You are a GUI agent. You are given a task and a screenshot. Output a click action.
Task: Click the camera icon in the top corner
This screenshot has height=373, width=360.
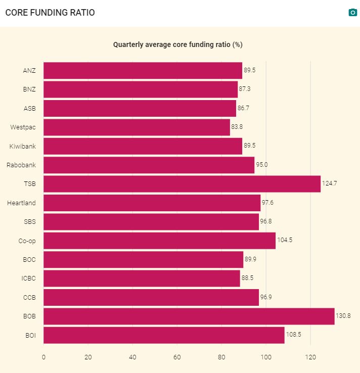pyautogui.click(x=353, y=13)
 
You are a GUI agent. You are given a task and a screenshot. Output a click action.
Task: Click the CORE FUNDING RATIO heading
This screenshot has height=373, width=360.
pyautogui.click(x=50, y=13)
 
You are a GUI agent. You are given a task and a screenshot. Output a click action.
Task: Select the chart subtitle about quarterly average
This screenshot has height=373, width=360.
pyautogui.click(x=177, y=44)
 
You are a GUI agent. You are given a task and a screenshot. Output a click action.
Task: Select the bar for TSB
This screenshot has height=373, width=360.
pyautogui.click(x=182, y=184)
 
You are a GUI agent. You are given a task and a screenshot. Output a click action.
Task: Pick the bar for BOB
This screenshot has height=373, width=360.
pyautogui.click(x=189, y=316)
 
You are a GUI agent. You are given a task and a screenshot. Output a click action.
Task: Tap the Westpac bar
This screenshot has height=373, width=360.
pyautogui.click(x=137, y=127)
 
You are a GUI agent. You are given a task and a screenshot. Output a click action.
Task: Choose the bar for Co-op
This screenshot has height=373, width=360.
pyautogui.click(x=159, y=241)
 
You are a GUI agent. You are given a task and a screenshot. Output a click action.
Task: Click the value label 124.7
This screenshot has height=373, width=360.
pyautogui.click(x=329, y=183)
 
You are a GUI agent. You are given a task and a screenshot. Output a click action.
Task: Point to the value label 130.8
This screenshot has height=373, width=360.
pyautogui.click(x=343, y=316)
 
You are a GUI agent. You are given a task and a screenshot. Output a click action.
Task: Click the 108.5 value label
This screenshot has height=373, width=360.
pyautogui.click(x=293, y=335)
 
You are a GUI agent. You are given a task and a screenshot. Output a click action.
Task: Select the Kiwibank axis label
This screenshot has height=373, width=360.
pyautogui.click(x=22, y=147)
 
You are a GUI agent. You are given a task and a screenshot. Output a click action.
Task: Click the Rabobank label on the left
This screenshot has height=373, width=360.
pyautogui.click(x=21, y=165)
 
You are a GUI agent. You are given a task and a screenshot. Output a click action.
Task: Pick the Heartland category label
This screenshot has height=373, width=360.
pyautogui.click(x=21, y=203)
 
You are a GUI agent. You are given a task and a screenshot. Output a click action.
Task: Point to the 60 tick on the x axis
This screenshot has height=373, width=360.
pyautogui.click(x=177, y=357)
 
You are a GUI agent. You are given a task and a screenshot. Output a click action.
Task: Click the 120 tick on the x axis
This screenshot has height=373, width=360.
pyautogui.click(x=310, y=357)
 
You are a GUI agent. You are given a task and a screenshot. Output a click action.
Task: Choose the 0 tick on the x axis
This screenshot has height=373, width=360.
pyautogui.click(x=43, y=357)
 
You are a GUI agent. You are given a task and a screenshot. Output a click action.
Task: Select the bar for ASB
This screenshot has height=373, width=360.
pyautogui.click(x=140, y=108)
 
